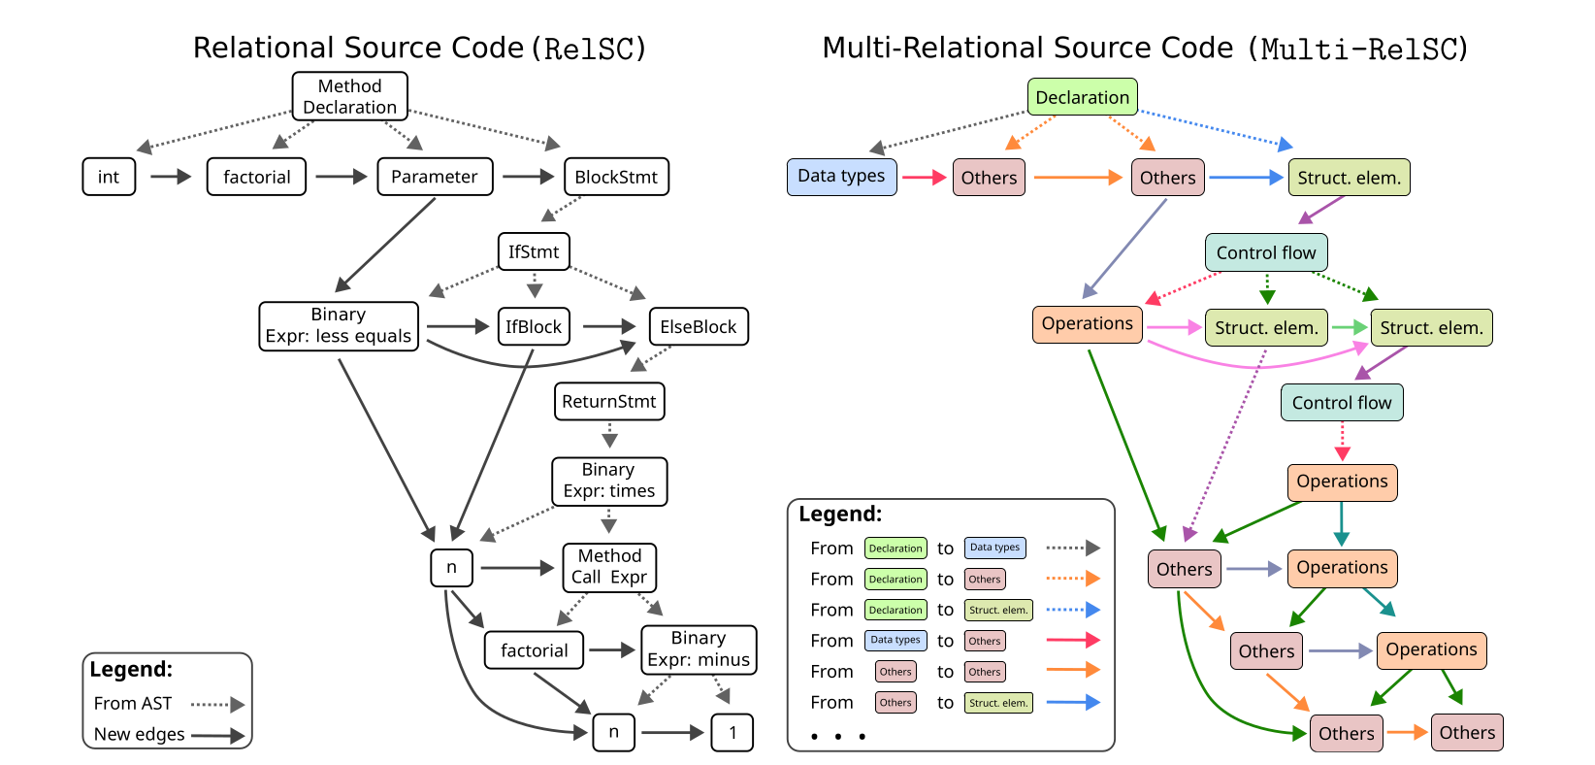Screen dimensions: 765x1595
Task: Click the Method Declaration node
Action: click(x=349, y=96)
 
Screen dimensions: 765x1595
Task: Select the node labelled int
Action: click(x=109, y=177)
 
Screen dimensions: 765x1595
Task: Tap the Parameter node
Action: click(x=434, y=177)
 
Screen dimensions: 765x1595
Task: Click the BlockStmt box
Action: click(x=615, y=177)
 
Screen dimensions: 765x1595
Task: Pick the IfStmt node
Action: click(x=533, y=251)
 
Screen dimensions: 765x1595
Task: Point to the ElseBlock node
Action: click(x=698, y=327)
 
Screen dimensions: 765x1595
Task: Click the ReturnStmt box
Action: click(x=608, y=401)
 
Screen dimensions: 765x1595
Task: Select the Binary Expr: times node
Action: click(x=608, y=481)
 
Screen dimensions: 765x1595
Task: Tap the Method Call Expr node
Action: click(x=609, y=567)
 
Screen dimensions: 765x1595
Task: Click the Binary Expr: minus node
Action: click(x=698, y=649)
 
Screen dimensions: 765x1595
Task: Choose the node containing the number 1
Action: click(x=732, y=732)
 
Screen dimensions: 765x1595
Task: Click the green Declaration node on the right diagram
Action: click(x=1082, y=97)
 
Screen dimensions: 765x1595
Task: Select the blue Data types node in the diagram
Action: click(x=841, y=177)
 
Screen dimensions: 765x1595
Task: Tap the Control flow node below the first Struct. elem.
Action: click(x=1265, y=252)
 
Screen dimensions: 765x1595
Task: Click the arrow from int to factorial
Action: click(x=171, y=177)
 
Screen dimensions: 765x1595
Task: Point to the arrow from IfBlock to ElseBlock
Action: click(x=608, y=327)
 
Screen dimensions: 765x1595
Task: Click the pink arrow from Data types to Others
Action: click(x=924, y=177)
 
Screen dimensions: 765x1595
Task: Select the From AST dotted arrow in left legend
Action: click(x=217, y=704)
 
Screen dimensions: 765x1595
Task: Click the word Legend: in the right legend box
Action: click(x=840, y=514)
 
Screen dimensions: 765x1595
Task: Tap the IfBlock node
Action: click(x=533, y=327)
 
